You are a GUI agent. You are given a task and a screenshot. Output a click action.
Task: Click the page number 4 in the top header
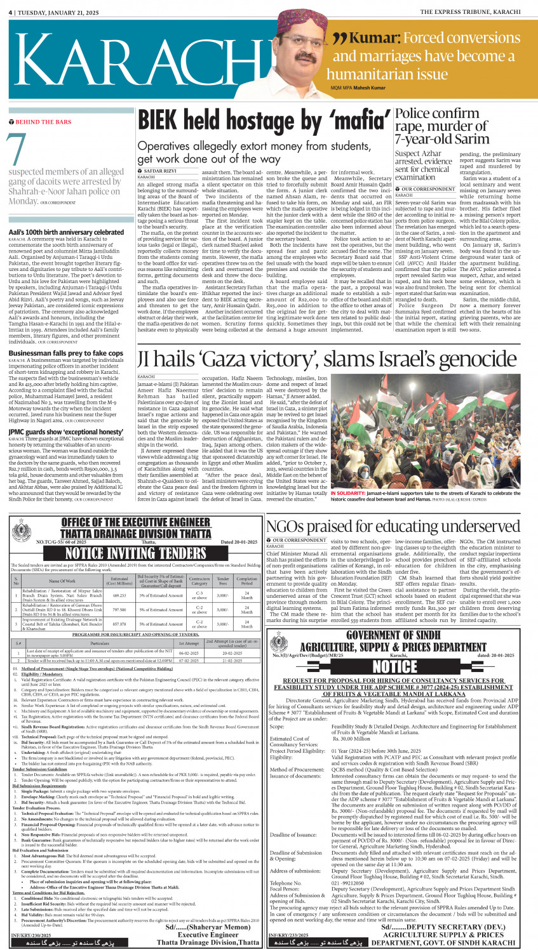point(11,12)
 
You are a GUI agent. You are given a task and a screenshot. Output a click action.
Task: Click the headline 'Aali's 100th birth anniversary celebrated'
point(66,232)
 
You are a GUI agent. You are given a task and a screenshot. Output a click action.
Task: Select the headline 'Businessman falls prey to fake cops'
point(66,353)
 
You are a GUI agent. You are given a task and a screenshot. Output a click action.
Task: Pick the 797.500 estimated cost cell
point(119,610)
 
